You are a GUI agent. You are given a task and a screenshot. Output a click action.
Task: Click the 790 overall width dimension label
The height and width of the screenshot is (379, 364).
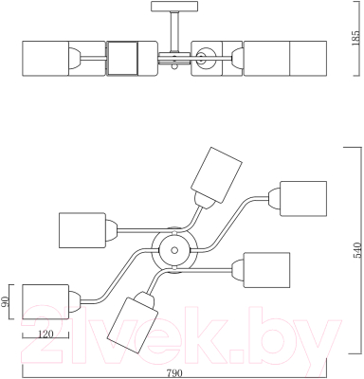coord(173,373)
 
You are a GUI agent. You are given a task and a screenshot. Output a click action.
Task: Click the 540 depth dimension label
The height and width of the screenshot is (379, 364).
coord(356,250)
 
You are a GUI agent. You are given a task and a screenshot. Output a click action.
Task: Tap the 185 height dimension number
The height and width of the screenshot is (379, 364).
coord(356,38)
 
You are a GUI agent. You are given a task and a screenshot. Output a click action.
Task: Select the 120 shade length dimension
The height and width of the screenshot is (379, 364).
coord(45,334)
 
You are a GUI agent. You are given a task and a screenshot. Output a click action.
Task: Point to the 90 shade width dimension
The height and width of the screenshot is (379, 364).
coord(5,302)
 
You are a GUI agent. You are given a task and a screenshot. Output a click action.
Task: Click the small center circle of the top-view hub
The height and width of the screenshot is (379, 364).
coord(173,250)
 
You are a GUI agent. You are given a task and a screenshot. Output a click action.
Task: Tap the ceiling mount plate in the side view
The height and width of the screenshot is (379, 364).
coord(174,6)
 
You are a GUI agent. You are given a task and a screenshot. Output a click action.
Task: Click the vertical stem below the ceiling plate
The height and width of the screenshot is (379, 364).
coord(174,31)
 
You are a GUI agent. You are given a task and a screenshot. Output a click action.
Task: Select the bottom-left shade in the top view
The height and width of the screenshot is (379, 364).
coord(45,302)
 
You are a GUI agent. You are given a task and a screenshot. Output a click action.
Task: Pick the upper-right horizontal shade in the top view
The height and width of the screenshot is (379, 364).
coord(303,199)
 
